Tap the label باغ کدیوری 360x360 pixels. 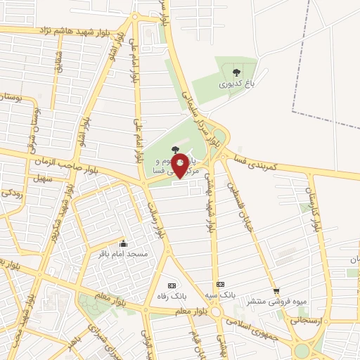[x=233, y=83]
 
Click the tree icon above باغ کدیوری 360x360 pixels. [x=233, y=71]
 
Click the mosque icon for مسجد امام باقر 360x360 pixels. [x=123, y=242]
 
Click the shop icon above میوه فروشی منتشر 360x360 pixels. [x=276, y=290]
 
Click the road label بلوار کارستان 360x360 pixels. [x=313, y=197]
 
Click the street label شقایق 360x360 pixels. [x=59, y=64]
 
